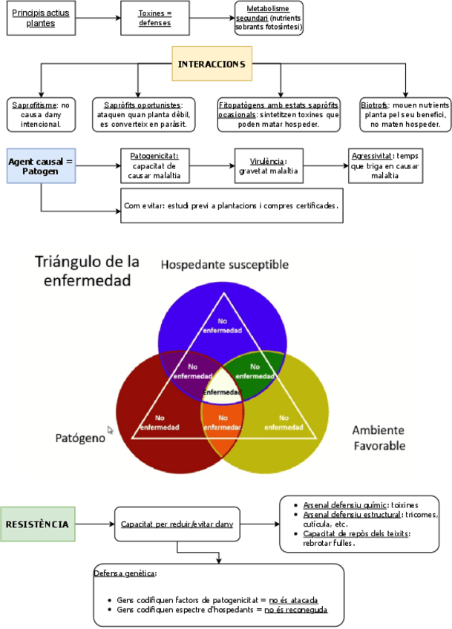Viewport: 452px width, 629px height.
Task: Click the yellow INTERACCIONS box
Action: [x=211, y=64]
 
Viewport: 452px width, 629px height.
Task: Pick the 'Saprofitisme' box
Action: [x=41, y=114]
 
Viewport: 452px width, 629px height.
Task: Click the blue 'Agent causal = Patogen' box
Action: [x=41, y=165]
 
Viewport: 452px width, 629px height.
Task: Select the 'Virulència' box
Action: [x=262, y=165]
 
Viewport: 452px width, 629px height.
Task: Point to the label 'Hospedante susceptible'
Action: [x=225, y=265]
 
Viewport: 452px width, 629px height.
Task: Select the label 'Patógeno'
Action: [x=76, y=438]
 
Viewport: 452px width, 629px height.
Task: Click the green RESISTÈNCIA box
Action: [x=37, y=524]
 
